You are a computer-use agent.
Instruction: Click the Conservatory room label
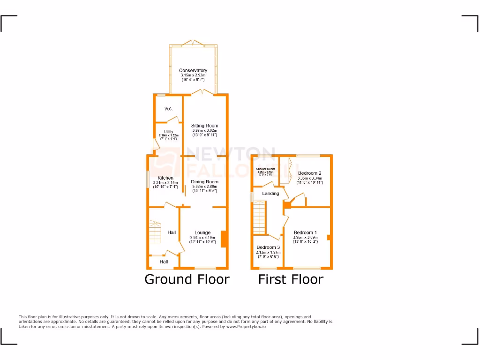(193, 71)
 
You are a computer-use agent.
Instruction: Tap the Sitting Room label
(204, 126)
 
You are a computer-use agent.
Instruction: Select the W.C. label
(168, 109)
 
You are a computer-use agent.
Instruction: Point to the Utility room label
(168, 132)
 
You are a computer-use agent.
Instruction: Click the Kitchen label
(165, 178)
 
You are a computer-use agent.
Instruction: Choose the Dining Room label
(204, 182)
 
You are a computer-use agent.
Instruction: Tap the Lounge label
(202, 232)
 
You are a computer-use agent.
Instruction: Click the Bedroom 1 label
(305, 232)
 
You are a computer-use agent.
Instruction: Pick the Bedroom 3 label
(268, 247)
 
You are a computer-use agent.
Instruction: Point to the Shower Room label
(265, 169)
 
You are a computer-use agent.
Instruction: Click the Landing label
(270, 194)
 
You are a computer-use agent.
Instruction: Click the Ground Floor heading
(187, 279)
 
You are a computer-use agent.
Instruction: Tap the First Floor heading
(291, 279)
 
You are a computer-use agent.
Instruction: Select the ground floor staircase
(155, 231)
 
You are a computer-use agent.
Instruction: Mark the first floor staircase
(259, 217)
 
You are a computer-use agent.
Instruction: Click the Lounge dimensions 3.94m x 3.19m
(202, 238)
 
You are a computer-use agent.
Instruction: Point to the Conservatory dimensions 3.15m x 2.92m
(193, 75)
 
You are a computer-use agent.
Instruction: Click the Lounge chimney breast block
(224, 239)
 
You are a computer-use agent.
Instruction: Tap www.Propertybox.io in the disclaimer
(247, 327)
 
